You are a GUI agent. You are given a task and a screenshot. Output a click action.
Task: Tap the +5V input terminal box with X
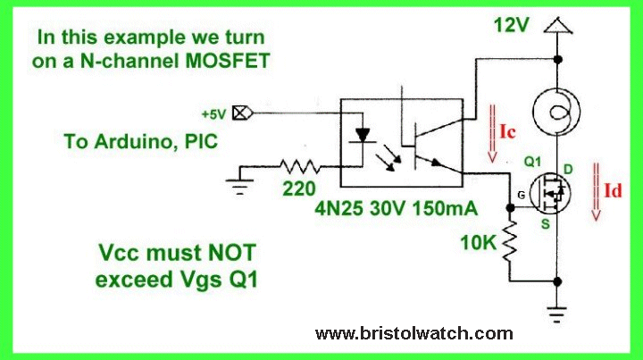[239, 113]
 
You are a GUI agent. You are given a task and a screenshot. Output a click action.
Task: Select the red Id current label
[613, 190]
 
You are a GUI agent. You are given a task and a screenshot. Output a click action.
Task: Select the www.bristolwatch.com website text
[414, 334]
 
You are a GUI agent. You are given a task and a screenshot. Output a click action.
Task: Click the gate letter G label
[507, 194]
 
